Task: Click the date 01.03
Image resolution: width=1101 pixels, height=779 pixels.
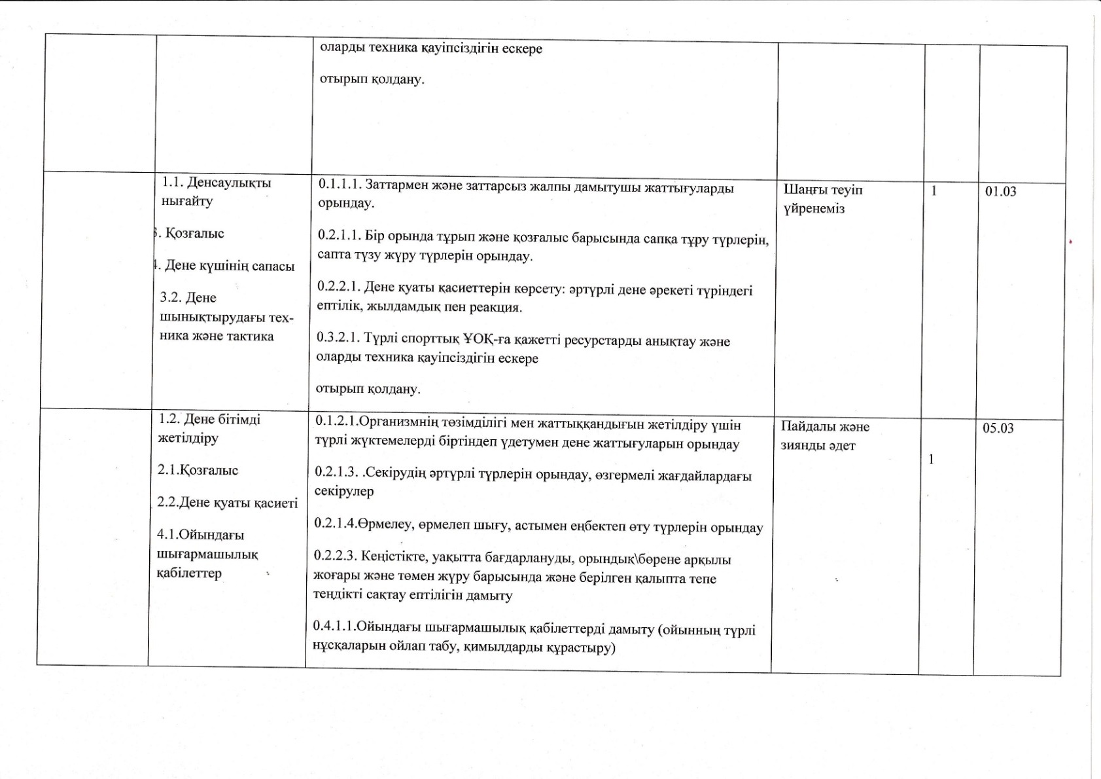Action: click(x=1001, y=191)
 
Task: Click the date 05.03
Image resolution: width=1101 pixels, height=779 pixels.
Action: click(x=998, y=428)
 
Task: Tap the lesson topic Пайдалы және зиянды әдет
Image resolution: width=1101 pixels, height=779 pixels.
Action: click(x=825, y=436)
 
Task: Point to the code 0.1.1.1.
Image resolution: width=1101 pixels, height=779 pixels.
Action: click(x=339, y=187)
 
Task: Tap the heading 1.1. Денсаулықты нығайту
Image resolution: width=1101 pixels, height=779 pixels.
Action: click(x=216, y=192)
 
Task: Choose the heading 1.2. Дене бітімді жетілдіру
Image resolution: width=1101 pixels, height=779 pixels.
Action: click(x=209, y=428)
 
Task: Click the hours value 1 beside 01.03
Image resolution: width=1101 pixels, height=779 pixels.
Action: click(x=934, y=190)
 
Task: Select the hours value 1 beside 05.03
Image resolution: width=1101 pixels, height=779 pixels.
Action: click(x=932, y=460)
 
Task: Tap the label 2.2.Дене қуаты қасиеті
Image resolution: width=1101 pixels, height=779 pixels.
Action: click(x=228, y=503)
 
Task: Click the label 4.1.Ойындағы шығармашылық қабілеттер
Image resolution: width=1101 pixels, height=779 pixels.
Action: click(x=207, y=554)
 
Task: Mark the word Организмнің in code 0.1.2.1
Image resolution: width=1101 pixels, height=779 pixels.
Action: click(x=393, y=425)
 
